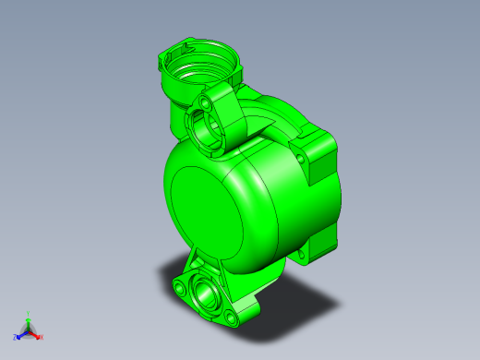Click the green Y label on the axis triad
(29, 313)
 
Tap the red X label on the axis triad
(42, 337)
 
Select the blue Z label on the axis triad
(16, 337)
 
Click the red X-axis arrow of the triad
(35, 334)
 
